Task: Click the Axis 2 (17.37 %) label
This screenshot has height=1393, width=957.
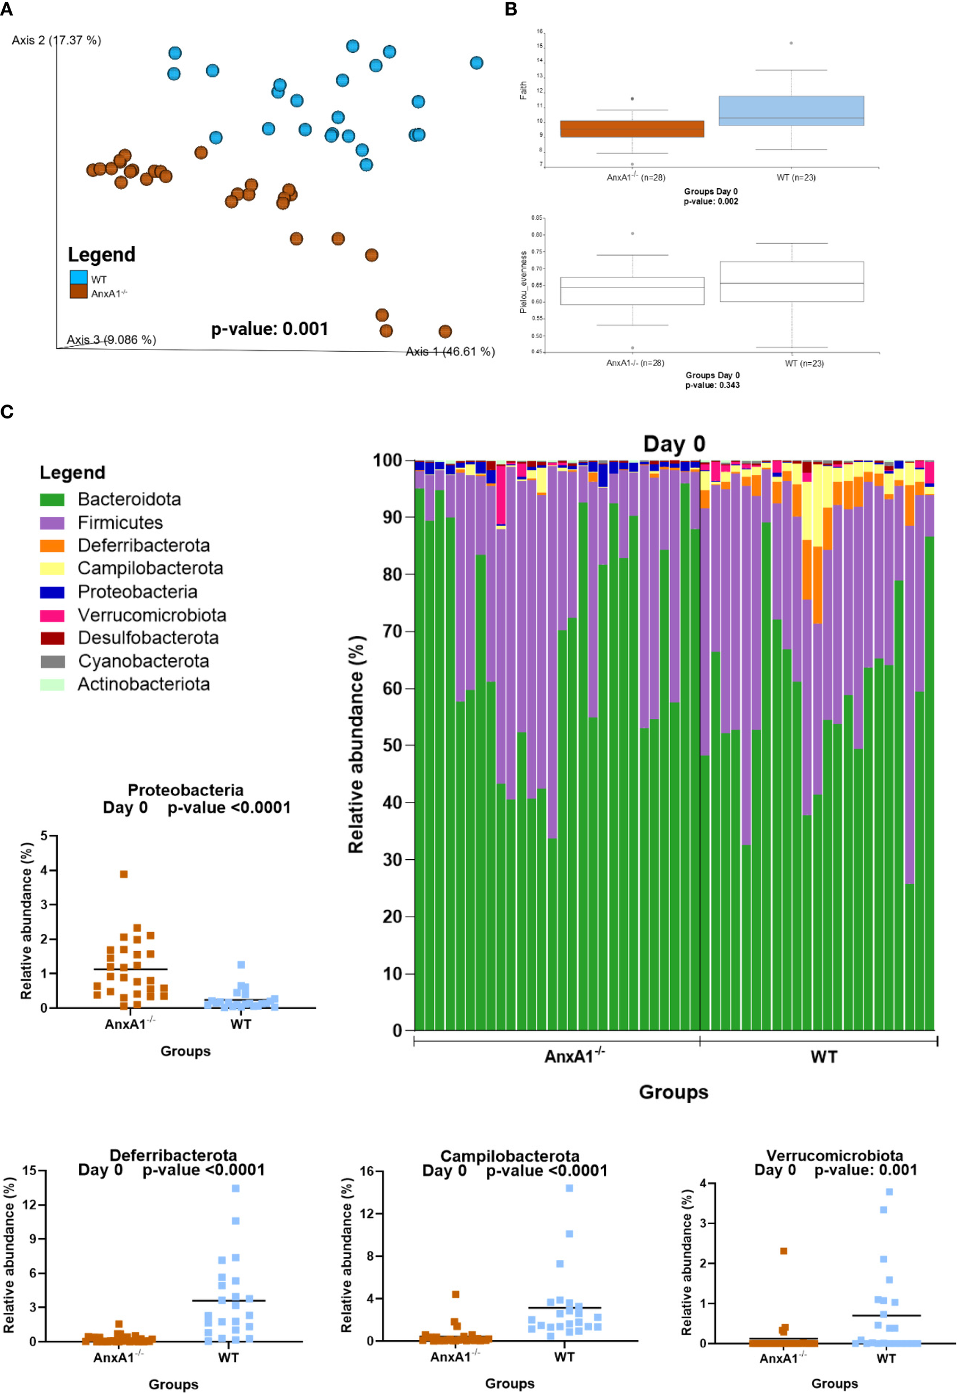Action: click(x=56, y=40)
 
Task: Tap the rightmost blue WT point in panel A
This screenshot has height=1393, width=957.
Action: click(x=476, y=62)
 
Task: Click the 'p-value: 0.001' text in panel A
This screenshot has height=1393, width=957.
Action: click(x=269, y=329)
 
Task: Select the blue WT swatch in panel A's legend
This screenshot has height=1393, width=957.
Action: click(x=79, y=277)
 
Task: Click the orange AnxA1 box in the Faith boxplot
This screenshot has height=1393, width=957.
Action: click(x=632, y=129)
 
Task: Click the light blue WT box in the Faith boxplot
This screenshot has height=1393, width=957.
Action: click(x=791, y=110)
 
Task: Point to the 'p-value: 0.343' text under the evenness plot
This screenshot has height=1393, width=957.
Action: click(x=712, y=385)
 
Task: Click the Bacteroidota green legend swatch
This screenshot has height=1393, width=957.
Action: click(x=52, y=499)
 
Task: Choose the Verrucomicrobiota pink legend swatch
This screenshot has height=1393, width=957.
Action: click(x=52, y=615)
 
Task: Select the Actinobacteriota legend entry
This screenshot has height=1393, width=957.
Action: click(x=143, y=684)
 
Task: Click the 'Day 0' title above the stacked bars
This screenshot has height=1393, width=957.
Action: click(x=674, y=444)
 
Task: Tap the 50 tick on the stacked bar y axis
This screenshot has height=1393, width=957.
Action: click(x=393, y=746)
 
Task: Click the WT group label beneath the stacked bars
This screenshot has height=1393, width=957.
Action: click(x=823, y=1056)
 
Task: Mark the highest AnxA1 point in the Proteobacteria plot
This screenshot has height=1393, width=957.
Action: click(x=124, y=874)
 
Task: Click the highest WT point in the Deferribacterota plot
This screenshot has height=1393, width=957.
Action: click(x=236, y=1188)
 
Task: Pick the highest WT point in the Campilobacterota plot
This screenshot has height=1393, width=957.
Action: click(x=569, y=1188)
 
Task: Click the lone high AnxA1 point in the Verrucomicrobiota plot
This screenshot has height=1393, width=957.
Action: click(x=783, y=1251)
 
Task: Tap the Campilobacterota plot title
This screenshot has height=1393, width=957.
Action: click(x=510, y=1156)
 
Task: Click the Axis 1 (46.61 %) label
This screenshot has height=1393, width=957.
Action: click(x=450, y=352)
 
